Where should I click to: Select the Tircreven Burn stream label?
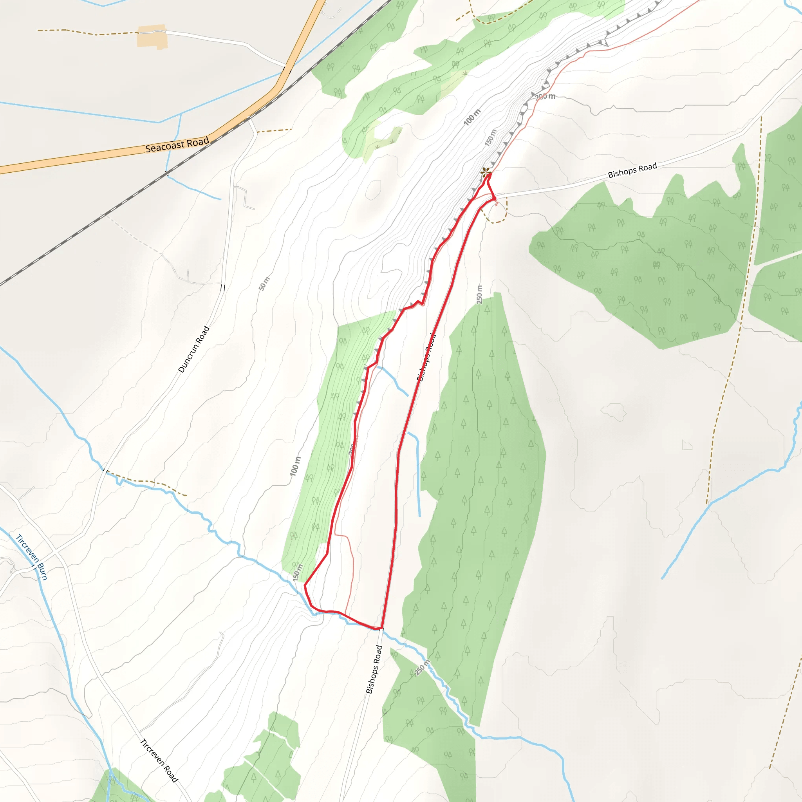click(32, 557)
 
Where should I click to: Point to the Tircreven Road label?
click(159, 760)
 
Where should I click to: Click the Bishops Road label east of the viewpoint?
click(632, 170)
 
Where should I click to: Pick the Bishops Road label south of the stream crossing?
click(374, 669)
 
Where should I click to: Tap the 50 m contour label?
click(264, 284)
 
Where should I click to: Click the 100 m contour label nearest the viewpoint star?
click(472, 117)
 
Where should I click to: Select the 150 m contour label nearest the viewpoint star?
click(490, 138)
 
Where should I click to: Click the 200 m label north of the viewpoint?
click(545, 97)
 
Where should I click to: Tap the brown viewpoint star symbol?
click(485, 172)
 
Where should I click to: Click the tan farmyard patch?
click(152, 37)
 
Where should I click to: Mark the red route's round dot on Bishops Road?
click(495, 200)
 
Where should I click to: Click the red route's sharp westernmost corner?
click(305, 585)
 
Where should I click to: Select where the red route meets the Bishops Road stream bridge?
click(380, 629)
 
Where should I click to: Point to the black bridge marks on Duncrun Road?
click(222, 288)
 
